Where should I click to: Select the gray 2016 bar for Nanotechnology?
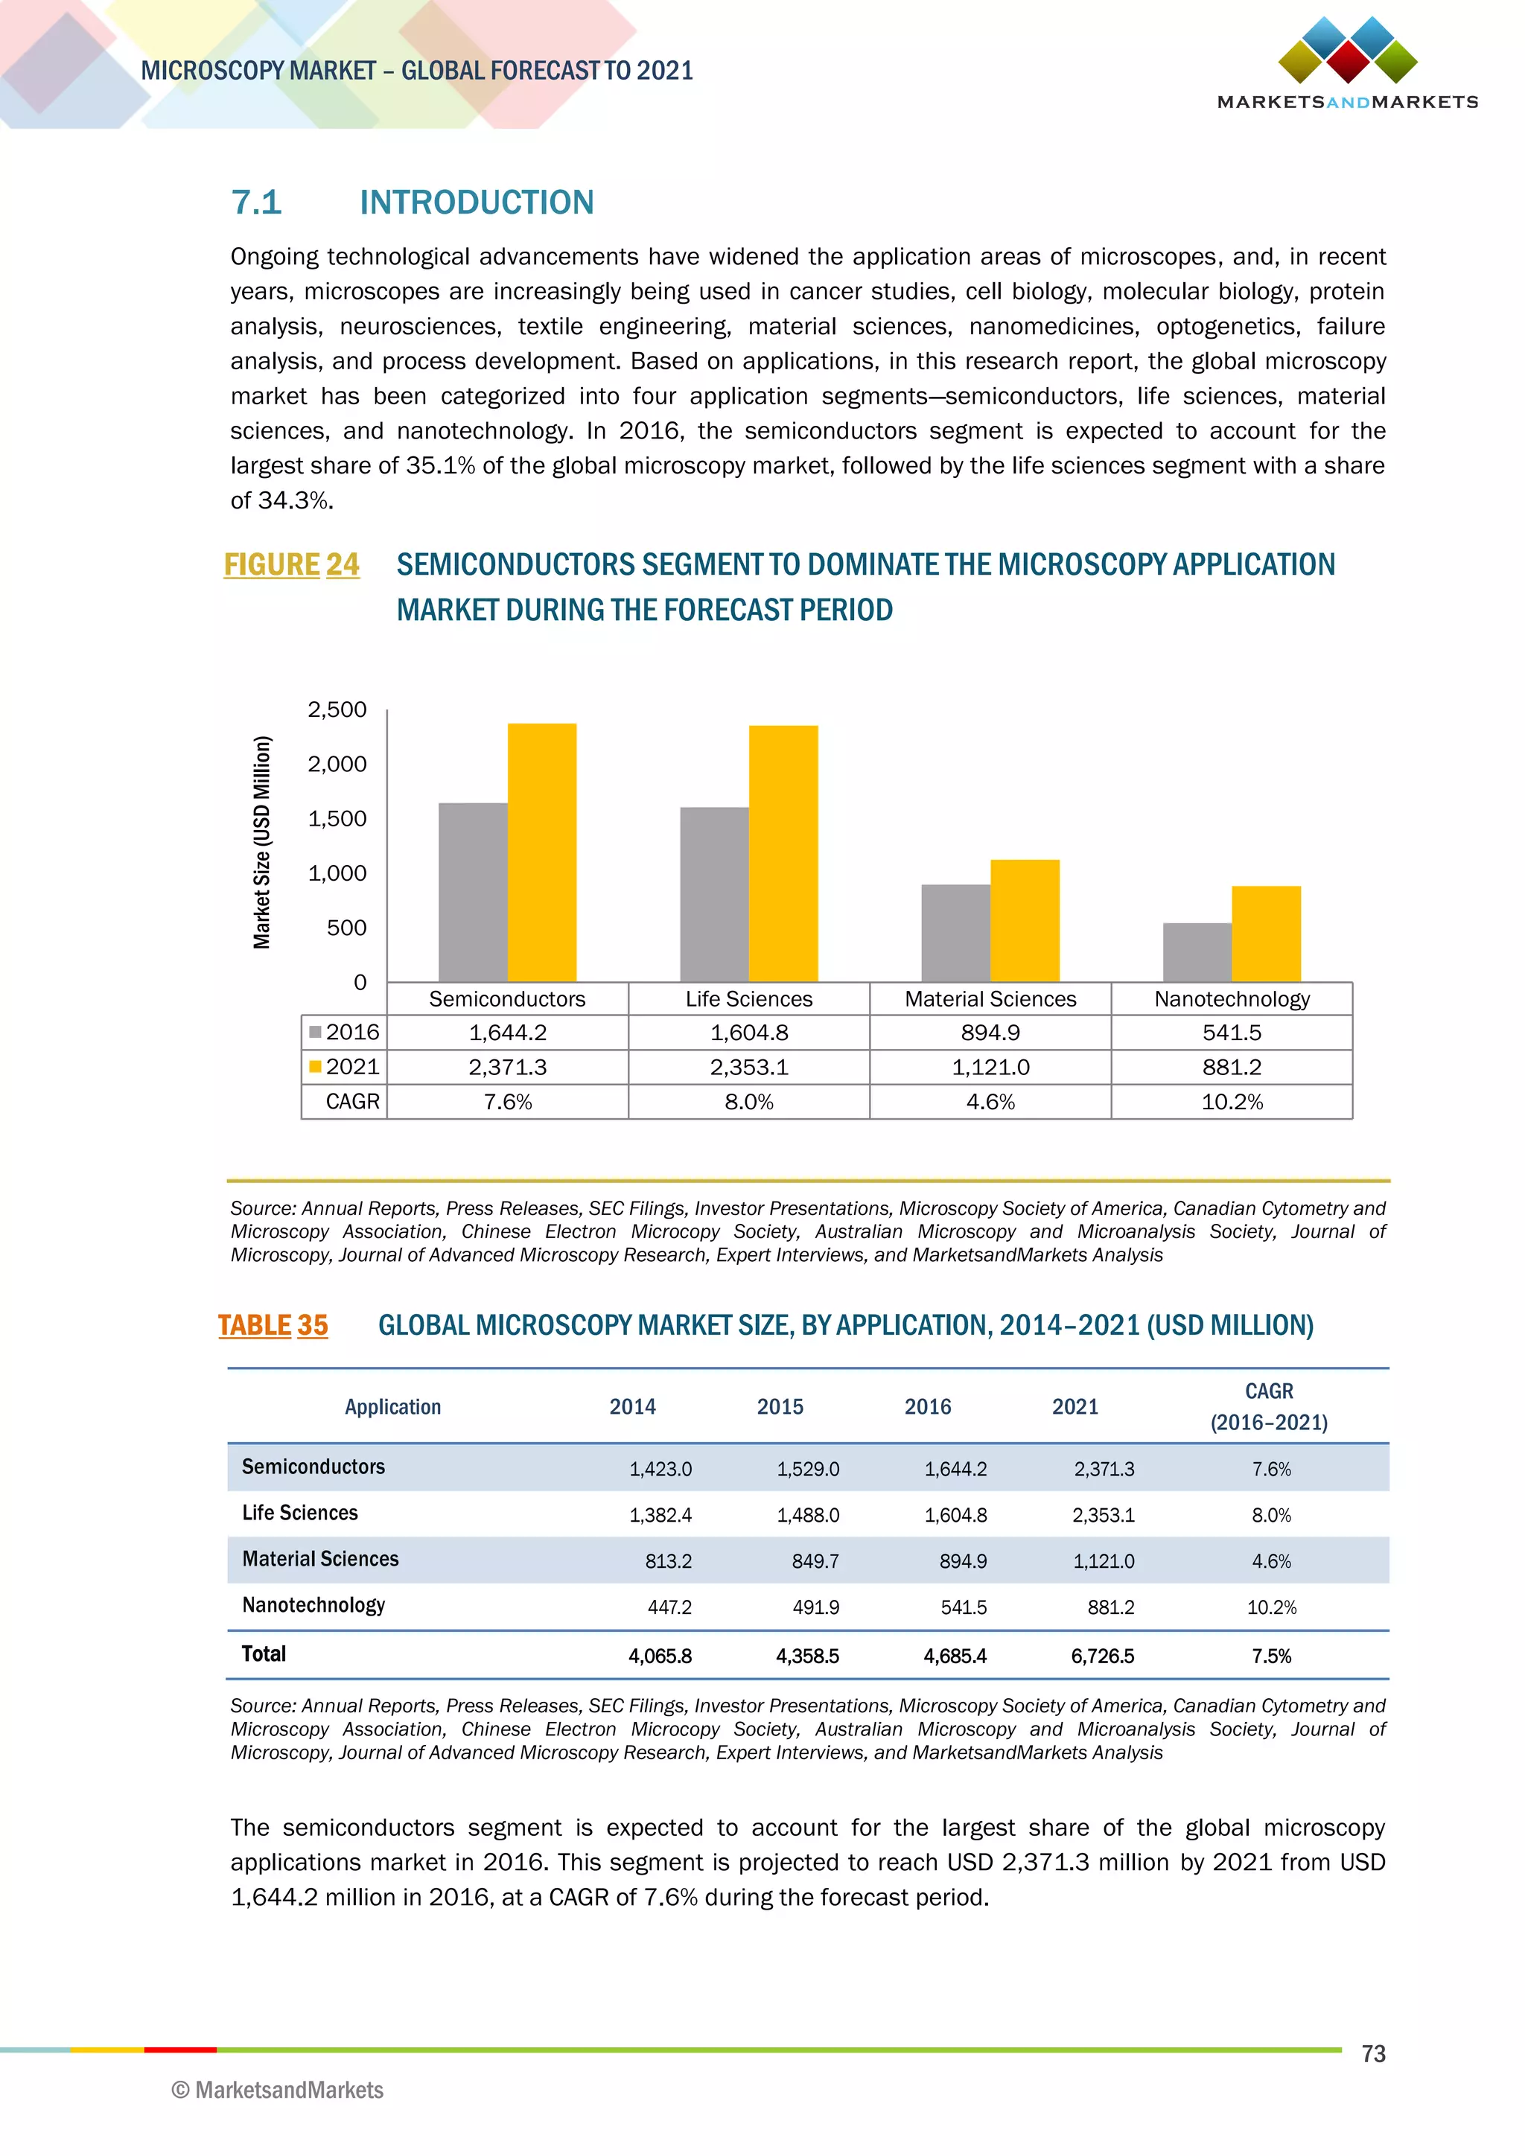tap(1197, 952)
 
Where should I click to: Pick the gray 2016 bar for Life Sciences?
tap(715, 894)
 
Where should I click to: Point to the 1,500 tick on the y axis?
tap(337, 819)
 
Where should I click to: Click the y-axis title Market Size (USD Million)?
tap(262, 842)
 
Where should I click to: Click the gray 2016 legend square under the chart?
tap(316, 1032)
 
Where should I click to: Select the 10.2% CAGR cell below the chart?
tap(1232, 1102)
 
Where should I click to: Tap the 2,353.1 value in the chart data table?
tap(748, 1067)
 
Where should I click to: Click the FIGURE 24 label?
tap(291, 564)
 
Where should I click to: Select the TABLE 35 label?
tap(273, 1325)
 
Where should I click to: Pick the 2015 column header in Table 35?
tap(780, 1406)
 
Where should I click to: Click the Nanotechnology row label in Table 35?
tap(313, 1605)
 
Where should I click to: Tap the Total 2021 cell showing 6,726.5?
tap(1103, 1656)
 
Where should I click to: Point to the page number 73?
tap(1373, 2054)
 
